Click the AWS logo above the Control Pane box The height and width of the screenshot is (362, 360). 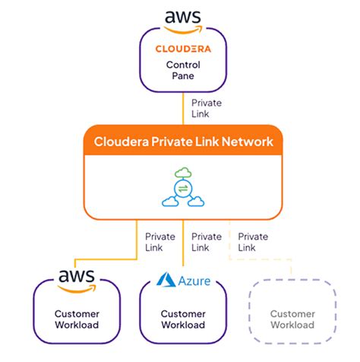coord(182,19)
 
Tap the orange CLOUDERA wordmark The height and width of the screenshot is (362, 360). coord(182,49)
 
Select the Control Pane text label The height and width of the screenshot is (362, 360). coord(182,71)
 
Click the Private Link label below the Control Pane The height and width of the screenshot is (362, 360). coord(207,107)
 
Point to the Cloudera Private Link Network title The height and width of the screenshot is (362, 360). coord(182,141)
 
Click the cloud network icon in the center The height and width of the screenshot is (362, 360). coord(182,189)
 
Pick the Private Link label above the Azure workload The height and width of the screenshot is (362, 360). coord(207,242)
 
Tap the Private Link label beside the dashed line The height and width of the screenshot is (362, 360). coord(253,242)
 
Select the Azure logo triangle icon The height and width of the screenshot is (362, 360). coord(166,281)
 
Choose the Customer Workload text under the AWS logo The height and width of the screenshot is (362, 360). coord(77,319)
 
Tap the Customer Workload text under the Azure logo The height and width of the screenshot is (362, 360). coord(183,319)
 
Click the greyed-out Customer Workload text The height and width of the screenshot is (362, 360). coord(293,319)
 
